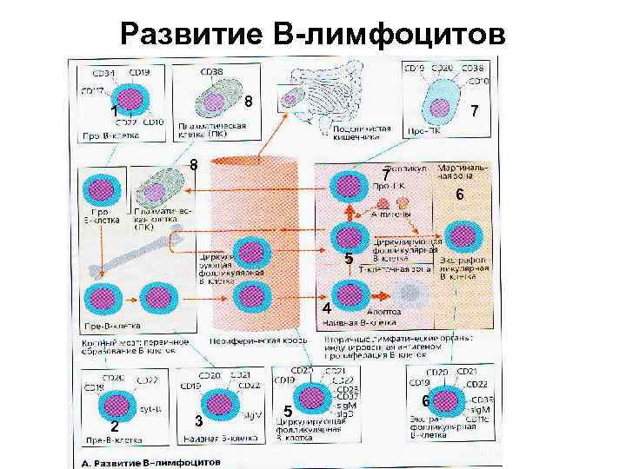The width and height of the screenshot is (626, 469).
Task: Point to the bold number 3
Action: (x=199, y=421)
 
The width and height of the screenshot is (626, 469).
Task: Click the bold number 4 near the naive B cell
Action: (x=325, y=309)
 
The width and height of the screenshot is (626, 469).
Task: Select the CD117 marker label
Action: (x=93, y=89)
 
